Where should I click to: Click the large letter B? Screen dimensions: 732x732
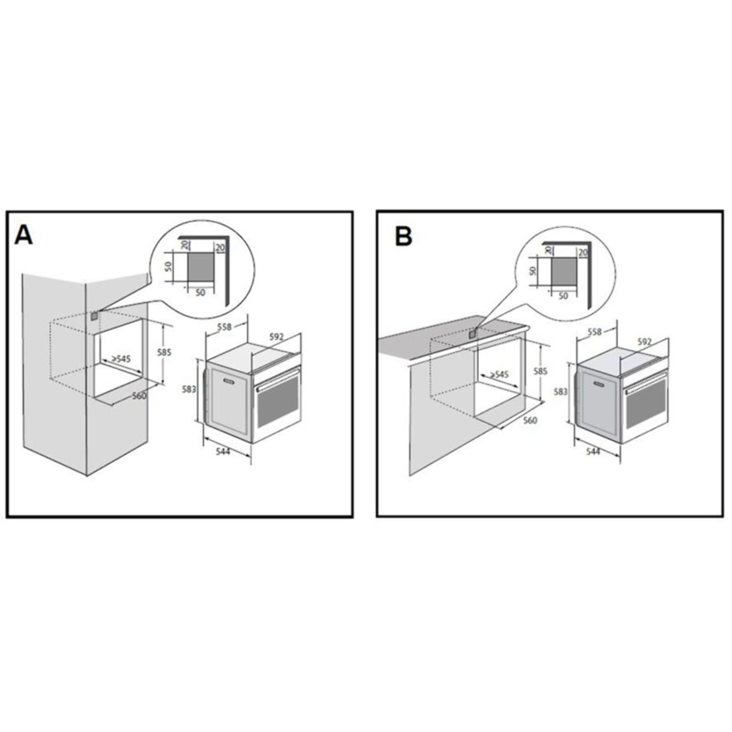point(403,237)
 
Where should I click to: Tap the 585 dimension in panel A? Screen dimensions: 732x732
point(164,352)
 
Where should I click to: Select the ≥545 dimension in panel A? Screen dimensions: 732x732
point(121,358)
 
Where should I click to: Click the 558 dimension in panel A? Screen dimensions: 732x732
point(224,327)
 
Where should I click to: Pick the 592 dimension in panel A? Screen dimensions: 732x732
point(276,336)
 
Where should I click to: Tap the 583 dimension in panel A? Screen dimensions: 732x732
point(189,389)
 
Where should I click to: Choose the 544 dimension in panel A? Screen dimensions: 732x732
point(223,452)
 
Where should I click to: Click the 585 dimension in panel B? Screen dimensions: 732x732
point(540,371)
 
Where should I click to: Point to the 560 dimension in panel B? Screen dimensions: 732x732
point(530,420)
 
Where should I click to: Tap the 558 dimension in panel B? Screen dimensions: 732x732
point(594,332)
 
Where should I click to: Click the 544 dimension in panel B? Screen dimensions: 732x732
point(593,452)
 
